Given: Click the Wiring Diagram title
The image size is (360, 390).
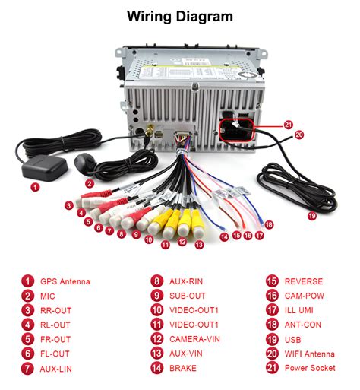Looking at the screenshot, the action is pyautogui.click(x=180, y=17).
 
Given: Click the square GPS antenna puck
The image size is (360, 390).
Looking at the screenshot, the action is pyautogui.click(x=45, y=167).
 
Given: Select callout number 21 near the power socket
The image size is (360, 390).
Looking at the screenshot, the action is pyautogui.click(x=288, y=125).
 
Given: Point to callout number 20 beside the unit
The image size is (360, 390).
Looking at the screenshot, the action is pyautogui.click(x=299, y=135).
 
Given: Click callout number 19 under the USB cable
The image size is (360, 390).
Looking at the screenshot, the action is pyautogui.click(x=312, y=216).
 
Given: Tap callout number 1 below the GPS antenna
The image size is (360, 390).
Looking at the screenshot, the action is pyautogui.click(x=35, y=187).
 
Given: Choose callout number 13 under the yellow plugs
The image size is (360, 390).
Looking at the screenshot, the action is pyautogui.click(x=199, y=245).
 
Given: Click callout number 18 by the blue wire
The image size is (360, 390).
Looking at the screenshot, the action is pyautogui.click(x=269, y=224).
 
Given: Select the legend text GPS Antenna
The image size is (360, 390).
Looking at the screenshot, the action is pyautogui.click(x=65, y=281).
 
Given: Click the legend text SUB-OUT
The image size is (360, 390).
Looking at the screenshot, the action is pyautogui.click(x=188, y=296).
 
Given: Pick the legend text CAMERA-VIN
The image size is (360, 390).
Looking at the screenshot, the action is pyautogui.click(x=194, y=339).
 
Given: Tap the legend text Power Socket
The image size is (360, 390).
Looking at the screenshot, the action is pyautogui.click(x=310, y=368).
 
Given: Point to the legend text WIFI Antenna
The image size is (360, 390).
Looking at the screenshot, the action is pyautogui.click(x=310, y=354).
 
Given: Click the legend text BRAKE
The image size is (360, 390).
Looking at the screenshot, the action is pyautogui.click(x=183, y=368).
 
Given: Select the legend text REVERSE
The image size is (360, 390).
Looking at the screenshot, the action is pyautogui.click(x=304, y=281).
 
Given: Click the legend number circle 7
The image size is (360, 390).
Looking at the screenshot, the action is pyautogui.click(x=27, y=369).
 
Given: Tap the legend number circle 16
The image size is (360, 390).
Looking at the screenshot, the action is pyautogui.click(x=272, y=296).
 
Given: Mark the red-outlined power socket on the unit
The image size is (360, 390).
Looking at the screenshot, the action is pyautogui.click(x=236, y=130).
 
